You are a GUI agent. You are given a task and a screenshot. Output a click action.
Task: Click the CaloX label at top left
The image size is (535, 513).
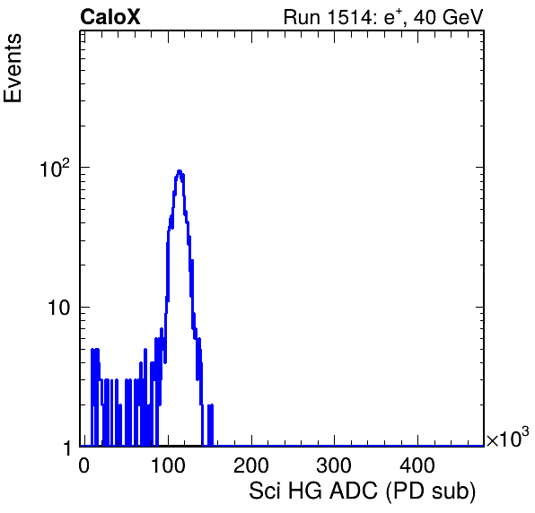click(110, 17)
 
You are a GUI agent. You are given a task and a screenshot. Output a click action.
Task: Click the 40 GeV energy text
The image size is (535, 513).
click(449, 17)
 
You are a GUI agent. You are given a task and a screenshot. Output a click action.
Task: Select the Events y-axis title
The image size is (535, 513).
click(13, 68)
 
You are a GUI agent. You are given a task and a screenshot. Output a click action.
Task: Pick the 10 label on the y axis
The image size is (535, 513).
click(58, 308)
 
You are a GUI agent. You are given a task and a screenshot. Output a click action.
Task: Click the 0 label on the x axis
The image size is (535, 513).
click(84, 465)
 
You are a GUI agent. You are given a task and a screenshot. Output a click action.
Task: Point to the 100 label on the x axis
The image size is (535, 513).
click(168, 465)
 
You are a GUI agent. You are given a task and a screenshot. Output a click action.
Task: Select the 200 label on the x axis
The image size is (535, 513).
click(251, 465)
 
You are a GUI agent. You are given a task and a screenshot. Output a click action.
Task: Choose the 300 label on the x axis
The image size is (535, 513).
click(334, 465)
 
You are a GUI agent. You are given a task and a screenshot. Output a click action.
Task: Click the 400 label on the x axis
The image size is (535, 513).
click(417, 465)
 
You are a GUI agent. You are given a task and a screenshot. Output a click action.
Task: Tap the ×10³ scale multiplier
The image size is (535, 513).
click(508, 437)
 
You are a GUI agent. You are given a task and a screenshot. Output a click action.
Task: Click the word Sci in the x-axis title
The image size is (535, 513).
click(266, 491)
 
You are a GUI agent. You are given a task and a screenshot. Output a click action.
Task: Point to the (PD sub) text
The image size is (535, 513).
click(431, 491)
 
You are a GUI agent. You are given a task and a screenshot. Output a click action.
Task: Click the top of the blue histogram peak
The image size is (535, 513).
click(180, 170)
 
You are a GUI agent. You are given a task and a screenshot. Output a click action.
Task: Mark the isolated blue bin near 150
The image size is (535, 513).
click(211, 425)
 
